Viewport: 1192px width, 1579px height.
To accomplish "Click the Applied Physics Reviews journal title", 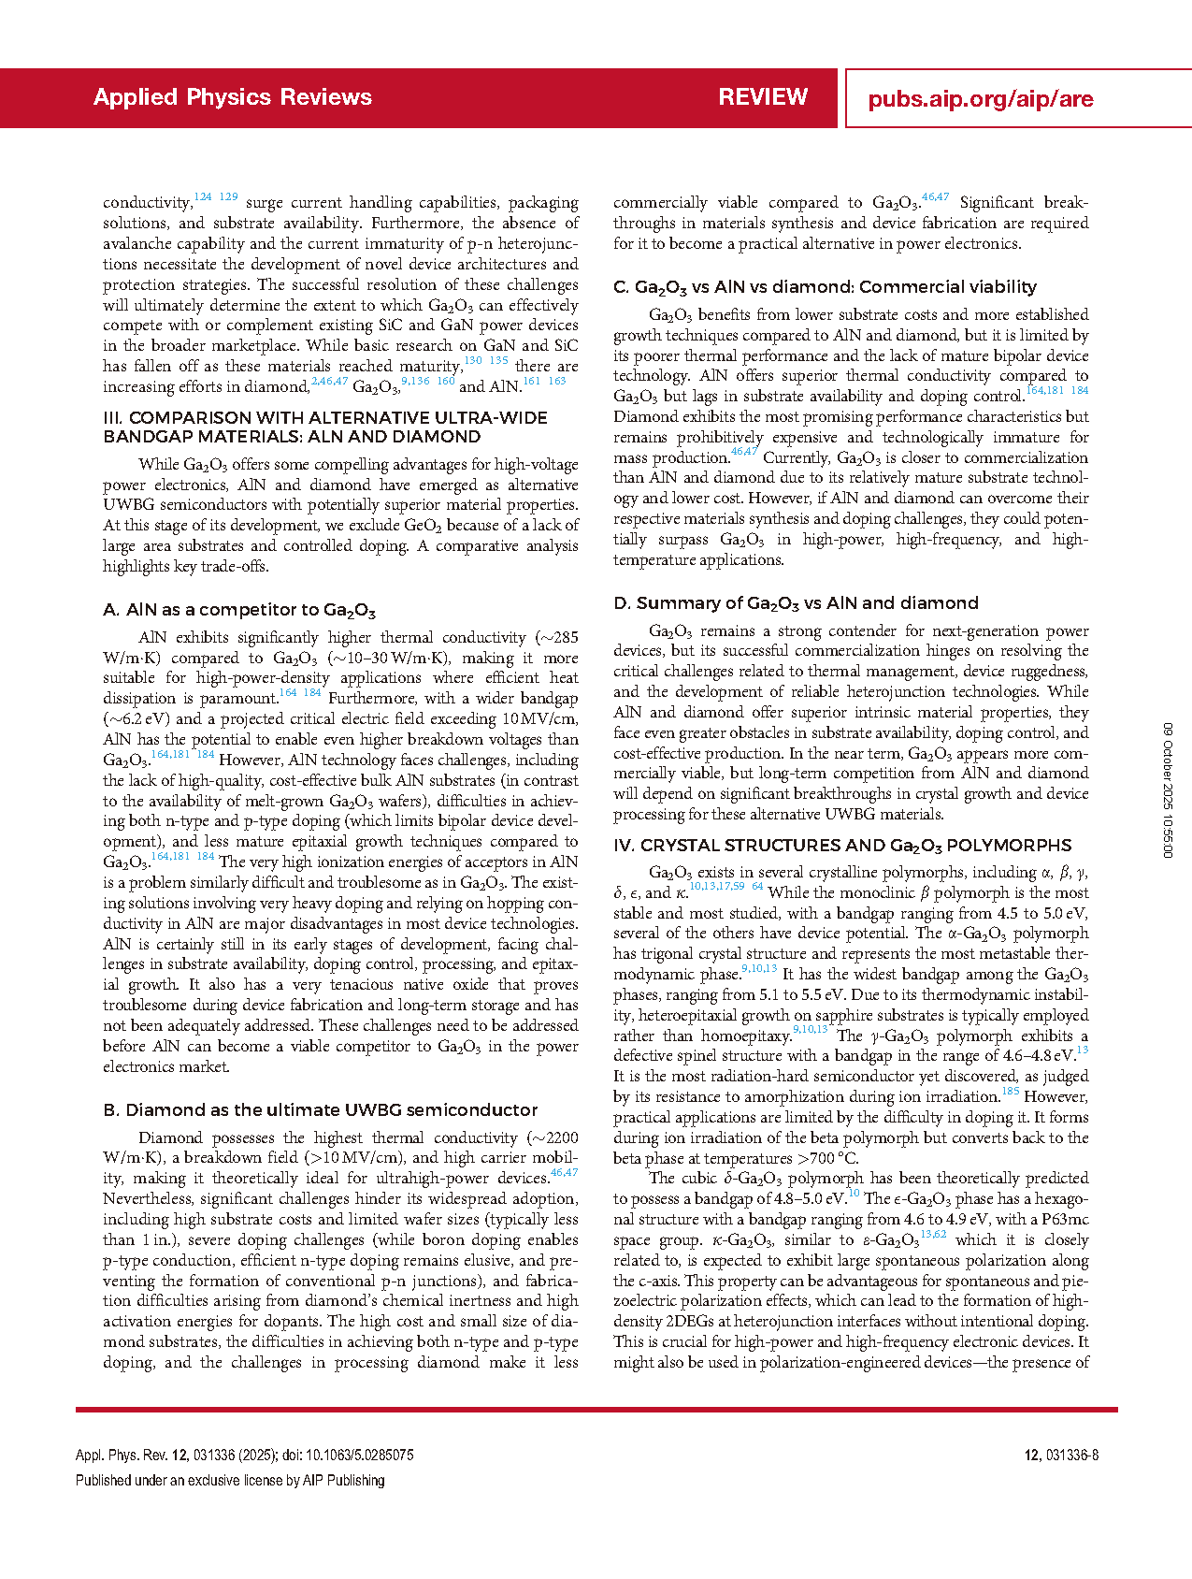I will (x=232, y=97).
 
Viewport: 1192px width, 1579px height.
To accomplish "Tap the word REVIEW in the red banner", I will (x=762, y=97).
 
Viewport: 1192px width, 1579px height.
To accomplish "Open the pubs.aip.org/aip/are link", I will (x=980, y=99).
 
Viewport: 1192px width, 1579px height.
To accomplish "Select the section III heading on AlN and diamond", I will (x=324, y=427).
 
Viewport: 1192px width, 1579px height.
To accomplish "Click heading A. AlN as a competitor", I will (x=239, y=610).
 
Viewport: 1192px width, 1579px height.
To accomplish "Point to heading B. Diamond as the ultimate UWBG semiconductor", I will (x=320, y=1110).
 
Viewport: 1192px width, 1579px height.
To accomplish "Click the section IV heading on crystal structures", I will (x=842, y=846).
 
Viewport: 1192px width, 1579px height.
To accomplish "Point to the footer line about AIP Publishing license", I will (x=230, y=1480).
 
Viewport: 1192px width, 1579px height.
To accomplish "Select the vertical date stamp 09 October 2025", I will (x=1168, y=789).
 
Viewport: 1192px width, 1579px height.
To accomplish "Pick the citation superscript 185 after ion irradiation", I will (x=1010, y=1091).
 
